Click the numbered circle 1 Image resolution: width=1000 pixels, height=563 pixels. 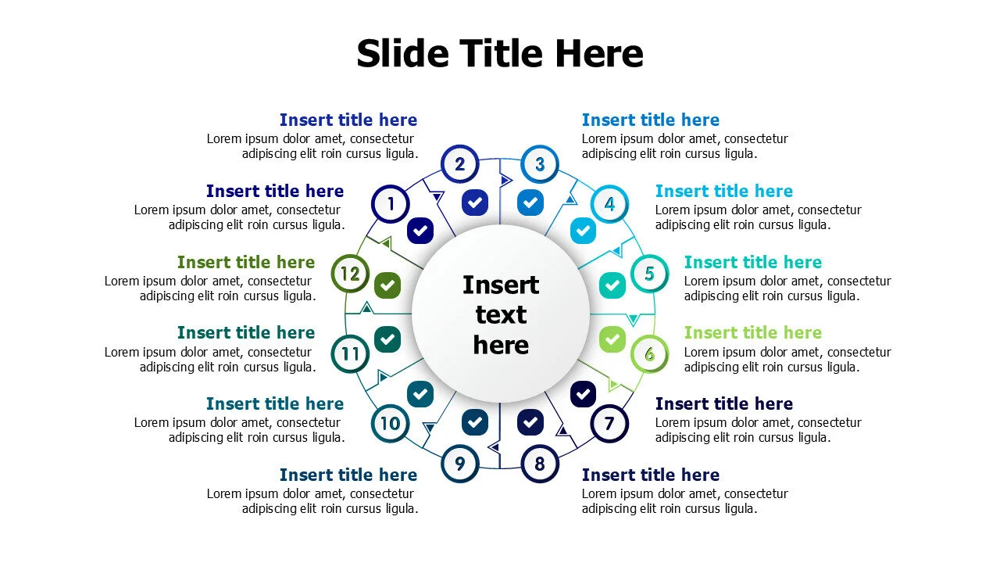click(x=390, y=204)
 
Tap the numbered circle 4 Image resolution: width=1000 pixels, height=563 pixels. click(x=609, y=204)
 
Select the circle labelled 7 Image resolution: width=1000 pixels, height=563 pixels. click(x=609, y=423)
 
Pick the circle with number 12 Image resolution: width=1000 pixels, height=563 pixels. click(x=350, y=274)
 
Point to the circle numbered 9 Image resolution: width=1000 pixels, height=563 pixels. click(x=460, y=464)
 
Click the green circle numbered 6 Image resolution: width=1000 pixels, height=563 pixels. click(x=649, y=354)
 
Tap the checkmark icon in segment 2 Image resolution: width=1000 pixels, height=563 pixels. click(x=474, y=203)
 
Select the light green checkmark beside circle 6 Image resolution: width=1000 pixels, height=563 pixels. click(x=612, y=339)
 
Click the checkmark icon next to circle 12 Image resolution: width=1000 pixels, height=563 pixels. click(x=387, y=285)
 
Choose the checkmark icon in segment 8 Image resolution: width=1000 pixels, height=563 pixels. click(x=530, y=421)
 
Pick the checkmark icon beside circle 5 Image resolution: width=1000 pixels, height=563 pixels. click(x=612, y=285)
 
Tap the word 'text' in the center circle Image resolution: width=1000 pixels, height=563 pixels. click(x=501, y=314)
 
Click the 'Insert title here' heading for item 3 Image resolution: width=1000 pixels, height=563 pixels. click(x=651, y=120)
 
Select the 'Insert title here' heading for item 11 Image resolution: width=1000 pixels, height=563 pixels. click(x=246, y=332)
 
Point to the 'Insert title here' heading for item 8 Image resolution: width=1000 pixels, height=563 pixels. click(x=651, y=475)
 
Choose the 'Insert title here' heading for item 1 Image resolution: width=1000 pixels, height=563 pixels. click(x=275, y=191)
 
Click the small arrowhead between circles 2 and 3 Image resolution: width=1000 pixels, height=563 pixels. click(x=506, y=181)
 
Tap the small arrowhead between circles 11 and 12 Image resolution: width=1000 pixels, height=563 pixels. click(x=367, y=307)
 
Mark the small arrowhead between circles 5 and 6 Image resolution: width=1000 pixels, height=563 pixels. click(x=633, y=320)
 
